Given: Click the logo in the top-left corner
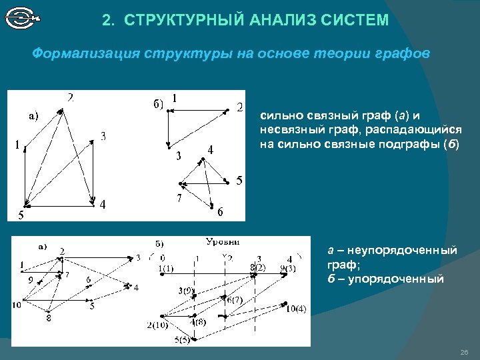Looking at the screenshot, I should tap(23, 18).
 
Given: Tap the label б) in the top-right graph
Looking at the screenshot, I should tap(158, 103).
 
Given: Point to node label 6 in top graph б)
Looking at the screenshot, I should tap(220, 212).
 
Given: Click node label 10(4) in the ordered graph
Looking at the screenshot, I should tap(296, 308).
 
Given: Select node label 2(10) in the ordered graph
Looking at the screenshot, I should tap(157, 325).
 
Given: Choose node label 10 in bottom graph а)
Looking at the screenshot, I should tap(17, 305).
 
